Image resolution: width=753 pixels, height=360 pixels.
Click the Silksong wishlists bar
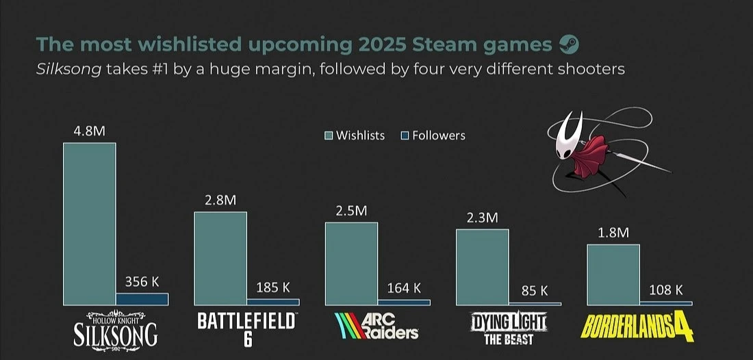[89, 224]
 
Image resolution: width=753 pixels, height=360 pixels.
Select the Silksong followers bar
[142, 298]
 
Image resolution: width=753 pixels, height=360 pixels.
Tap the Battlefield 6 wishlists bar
[220, 258]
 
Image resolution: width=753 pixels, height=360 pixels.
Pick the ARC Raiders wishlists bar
[351, 263]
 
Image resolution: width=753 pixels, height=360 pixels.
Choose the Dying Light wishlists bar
[482, 267]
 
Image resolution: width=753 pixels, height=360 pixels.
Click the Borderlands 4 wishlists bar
[613, 274]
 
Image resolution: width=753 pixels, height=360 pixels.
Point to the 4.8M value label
[89, 131]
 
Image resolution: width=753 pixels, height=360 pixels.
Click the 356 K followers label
[142, 281]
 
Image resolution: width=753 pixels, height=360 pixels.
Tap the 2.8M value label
[220, 200]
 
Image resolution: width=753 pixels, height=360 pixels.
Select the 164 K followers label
[404, 288]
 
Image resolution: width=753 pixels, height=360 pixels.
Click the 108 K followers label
[665, 290]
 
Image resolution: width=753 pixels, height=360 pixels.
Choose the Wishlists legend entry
[355, 136]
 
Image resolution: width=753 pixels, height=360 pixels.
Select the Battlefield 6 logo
[247, 329]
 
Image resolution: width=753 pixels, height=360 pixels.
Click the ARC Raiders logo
[376, 326]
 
